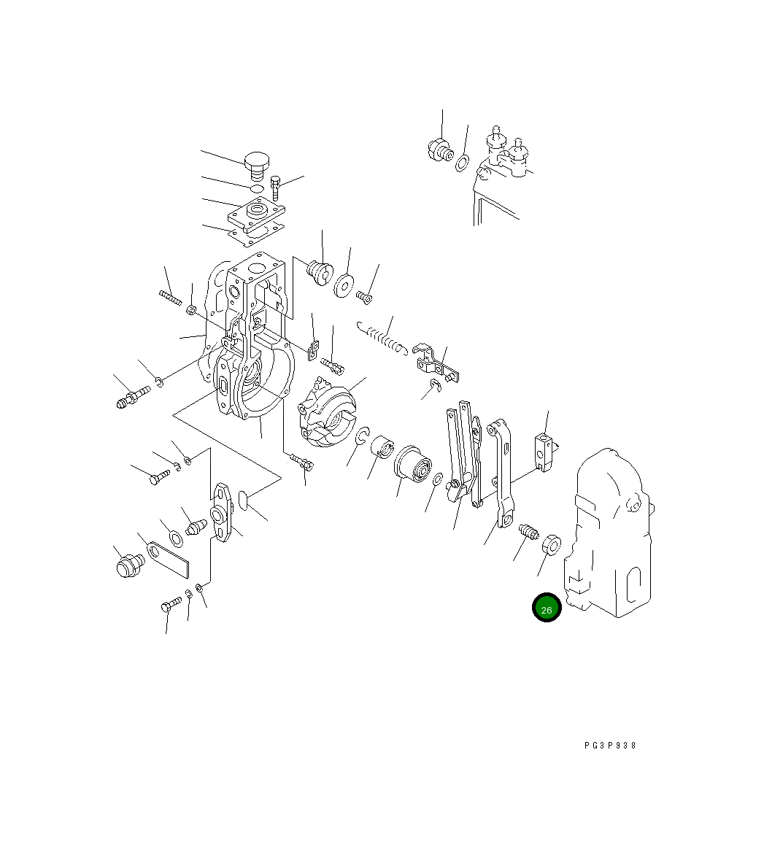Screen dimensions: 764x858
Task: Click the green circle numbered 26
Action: [546, 608]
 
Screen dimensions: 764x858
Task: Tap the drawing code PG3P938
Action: [610, 746]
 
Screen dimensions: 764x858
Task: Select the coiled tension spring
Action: [382, 339]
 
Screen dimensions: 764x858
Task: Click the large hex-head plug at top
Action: [256, 166]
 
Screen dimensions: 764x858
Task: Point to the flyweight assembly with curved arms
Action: [326, 411]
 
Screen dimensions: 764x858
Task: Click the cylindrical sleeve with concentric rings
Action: [413, 463]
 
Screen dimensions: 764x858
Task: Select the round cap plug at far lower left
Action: [130, 565]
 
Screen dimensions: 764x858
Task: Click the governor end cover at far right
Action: [609, 533]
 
